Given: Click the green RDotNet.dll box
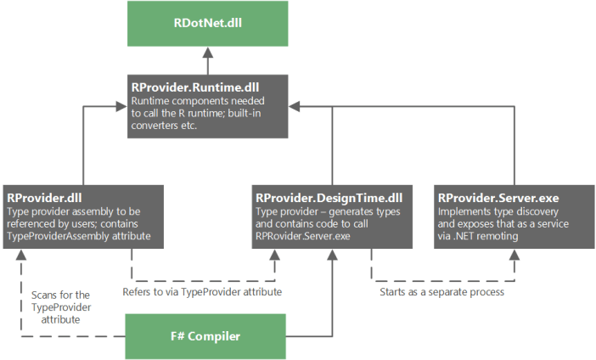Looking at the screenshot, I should point(205,24).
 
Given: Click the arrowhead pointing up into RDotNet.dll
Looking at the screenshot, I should point(205,53).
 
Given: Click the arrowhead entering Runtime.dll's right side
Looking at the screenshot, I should point(294,106).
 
